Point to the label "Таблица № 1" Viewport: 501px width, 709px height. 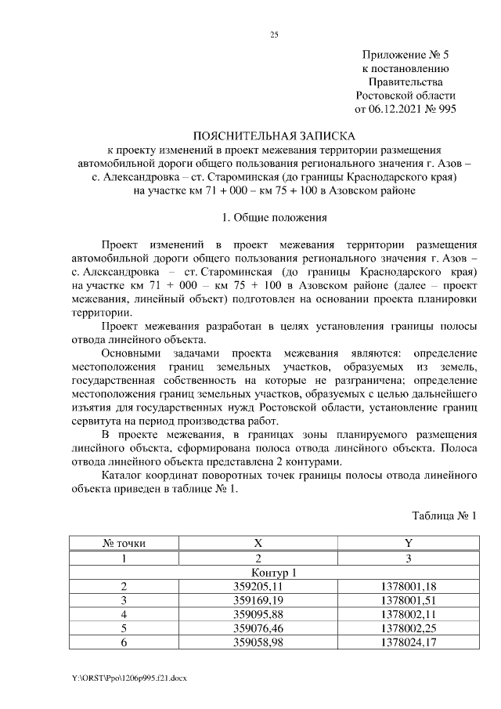pos(444,515)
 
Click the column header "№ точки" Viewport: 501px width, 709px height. pos(124,543)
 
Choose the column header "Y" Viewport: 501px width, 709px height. pos(407,543)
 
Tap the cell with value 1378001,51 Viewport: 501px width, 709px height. pos(407,600)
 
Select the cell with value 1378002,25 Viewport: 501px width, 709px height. pos(407,628)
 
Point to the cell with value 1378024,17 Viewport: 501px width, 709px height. pos(407,642)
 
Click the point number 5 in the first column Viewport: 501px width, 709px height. pos(124,628)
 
